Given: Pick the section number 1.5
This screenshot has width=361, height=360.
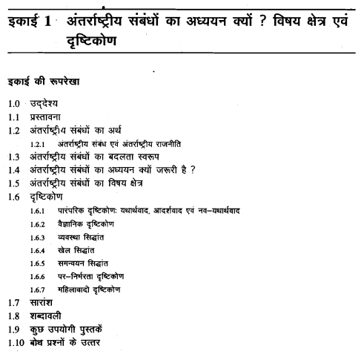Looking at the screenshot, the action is [13, 183].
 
